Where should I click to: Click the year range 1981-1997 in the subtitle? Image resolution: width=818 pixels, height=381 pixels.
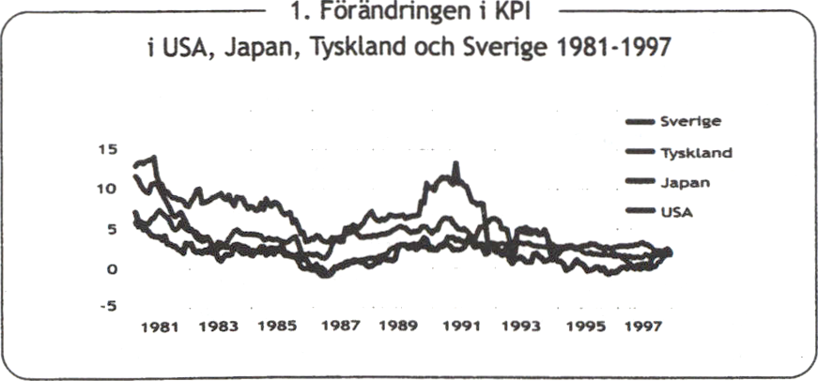pyautogui.click(x=602, y=47)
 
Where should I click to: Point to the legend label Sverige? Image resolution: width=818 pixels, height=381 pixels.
pyautogui.click(x=694, y=120)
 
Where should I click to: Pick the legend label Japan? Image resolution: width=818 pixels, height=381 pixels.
pyautogui.click(x=687, y=183)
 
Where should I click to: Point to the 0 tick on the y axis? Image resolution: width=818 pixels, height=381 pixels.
pyautogui.click(x=111, y=269)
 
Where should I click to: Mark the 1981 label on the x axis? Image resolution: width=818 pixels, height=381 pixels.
pyautogui.click(x=159, y=328)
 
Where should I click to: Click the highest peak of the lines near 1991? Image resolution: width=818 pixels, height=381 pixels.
pyautogui.click(x=456, y=164)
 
